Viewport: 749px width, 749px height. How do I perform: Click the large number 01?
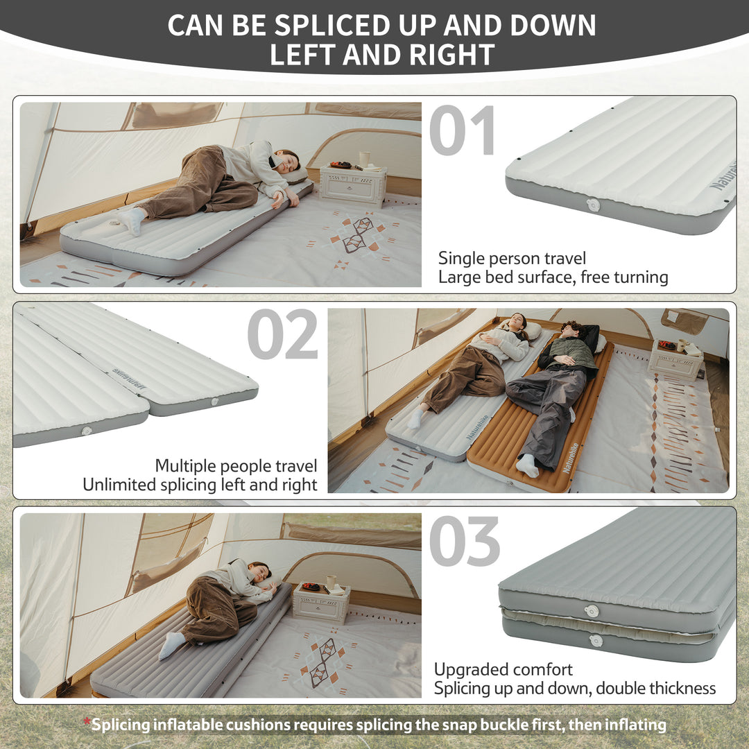tap(462, 130)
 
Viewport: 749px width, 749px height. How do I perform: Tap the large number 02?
tap(282, 335)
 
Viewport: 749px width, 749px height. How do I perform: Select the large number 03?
tap(464, 542)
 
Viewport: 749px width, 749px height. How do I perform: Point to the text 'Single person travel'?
tap(512, 259)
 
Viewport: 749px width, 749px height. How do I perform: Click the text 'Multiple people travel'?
tap(236, 465)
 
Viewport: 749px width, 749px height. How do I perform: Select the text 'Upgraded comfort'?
tap(503, 669)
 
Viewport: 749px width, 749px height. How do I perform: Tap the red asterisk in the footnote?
tap(87, 723)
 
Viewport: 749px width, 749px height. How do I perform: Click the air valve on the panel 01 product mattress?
tap(593, 205)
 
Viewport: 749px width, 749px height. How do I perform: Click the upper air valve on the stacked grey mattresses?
tap(592, 611)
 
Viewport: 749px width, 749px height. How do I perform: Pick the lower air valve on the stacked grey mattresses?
tap(596, 641)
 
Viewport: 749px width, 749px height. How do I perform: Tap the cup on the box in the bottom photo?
tap(332, 581)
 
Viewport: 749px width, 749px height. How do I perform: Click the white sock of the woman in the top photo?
tap(132, 220)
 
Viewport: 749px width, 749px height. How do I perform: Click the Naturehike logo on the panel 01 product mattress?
tap(723, 176)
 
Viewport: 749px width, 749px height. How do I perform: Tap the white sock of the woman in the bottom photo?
tap(171, 645)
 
